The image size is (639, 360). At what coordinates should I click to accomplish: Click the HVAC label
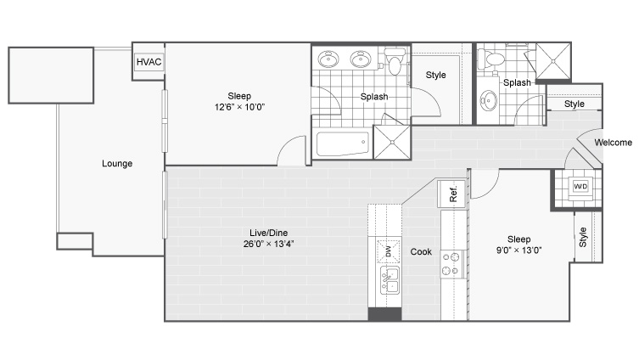[x=149, y=62]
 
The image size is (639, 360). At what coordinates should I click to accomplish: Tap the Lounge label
[x=117, y=164]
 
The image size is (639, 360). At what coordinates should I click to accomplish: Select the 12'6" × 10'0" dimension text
[x=239, y=107]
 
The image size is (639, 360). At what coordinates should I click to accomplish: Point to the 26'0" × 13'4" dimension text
[x=268, y=244]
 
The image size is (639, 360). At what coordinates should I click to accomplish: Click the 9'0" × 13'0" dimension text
[x=518, y=250]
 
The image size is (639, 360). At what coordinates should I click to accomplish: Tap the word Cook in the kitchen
[x=421, y=252]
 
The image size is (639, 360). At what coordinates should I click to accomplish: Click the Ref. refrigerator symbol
[x=451, y=194]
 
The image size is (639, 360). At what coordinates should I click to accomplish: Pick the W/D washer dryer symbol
[x=580, y=187]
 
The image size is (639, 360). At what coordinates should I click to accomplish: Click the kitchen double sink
[x=390, y=280]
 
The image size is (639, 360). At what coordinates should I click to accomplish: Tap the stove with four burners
[x=451, y=264]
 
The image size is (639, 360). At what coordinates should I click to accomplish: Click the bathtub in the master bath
[x=343, y=143]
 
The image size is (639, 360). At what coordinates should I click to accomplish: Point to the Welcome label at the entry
[x=613, y=143]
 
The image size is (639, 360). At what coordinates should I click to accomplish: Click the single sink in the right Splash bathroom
[x=488, y=100]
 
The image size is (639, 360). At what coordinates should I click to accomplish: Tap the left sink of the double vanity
[x=328, y=59]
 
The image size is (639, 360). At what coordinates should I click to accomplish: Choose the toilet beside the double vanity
[x=394, y=61]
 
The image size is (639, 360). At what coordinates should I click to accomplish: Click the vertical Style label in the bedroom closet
[x=583, y=237]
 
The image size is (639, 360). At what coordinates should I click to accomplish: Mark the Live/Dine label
[x=268, y=233]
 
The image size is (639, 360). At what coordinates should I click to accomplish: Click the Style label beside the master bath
[x=435, y=76]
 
